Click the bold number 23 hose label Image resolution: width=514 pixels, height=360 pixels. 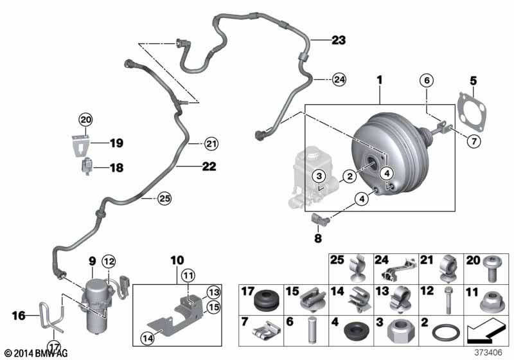pos(338,40)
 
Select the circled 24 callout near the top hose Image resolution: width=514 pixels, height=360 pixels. pos(339,80)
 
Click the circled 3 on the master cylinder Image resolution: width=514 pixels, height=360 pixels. pos(317,177)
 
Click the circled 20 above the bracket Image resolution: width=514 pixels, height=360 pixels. pos(85,119)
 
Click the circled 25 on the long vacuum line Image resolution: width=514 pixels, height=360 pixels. pos(165,199)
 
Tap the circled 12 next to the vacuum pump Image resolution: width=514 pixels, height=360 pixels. pos(109,261)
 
